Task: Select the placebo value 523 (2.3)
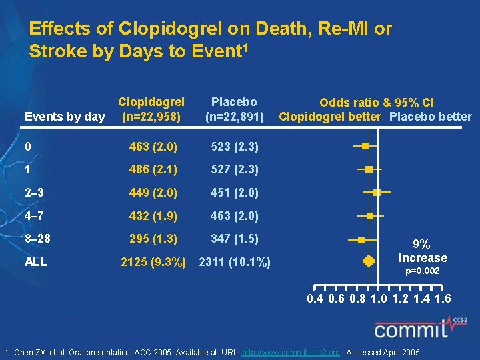(x=234, y=146)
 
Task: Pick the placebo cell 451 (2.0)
(x=234, y=193)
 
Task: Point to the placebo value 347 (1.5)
(x=234, y=239)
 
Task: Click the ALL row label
(x=36, y=262)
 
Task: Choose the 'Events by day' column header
(x=65, y=117)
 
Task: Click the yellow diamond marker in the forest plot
(x=367, y=262)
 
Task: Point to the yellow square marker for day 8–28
(x=361, y=239)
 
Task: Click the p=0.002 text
(x=423, y=271)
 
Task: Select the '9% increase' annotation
(x=423, y=251)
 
